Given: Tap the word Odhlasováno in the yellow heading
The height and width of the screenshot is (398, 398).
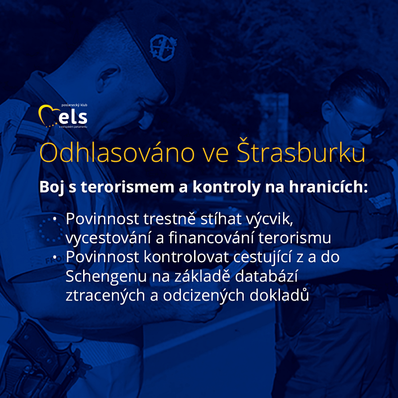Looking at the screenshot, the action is pos(117,153).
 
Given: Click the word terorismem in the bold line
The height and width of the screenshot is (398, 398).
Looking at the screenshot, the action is pos(127,187).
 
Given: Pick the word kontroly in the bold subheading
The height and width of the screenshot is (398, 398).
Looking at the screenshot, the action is pos(226,188).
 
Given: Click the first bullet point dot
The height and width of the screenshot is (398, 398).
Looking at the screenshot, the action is pos(55,219).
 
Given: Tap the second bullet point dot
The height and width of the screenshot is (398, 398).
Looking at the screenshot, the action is pos(55,257).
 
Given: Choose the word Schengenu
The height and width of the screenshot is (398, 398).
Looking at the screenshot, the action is pos(106,277).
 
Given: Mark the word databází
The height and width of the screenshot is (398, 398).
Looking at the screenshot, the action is pos(266,276).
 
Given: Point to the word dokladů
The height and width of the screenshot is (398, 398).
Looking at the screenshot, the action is pos(279,295).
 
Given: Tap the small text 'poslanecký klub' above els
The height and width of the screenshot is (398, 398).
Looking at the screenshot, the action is pos(74,105).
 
